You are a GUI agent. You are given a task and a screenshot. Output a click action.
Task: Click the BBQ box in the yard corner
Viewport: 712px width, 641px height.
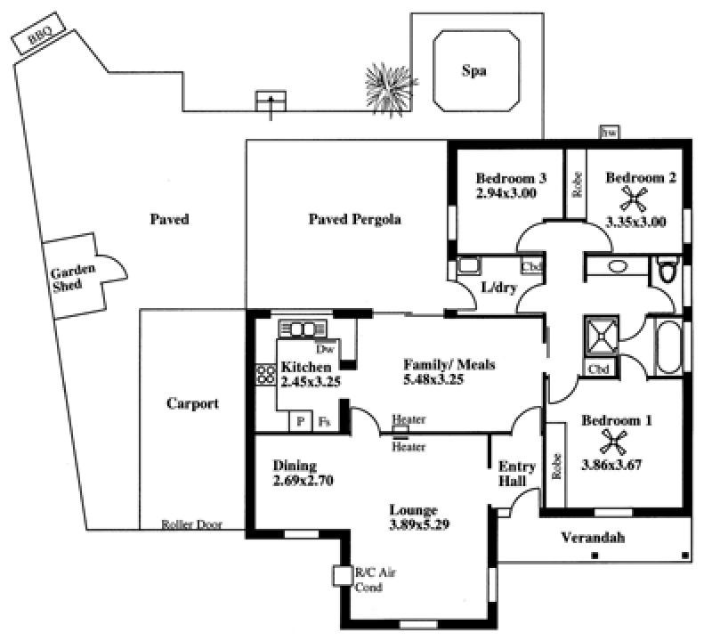(x=37, y=37)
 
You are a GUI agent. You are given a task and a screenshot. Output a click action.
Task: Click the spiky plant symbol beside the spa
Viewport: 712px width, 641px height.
(x=389, y=87)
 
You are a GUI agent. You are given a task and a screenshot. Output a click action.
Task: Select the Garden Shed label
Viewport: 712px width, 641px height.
(x=67, y=279)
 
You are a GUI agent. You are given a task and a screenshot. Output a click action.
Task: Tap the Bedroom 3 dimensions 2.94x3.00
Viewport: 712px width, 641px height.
(x=505, y=192)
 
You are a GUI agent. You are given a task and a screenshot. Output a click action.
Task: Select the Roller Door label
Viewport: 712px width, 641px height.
(x=191, y=524)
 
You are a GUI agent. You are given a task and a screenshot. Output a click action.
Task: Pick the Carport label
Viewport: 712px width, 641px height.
(x=192, y=403)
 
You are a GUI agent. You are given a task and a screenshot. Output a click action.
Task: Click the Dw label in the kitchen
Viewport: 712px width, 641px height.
(x=324, y=349)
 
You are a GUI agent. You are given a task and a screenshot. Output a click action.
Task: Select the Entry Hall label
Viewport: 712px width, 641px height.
(x=515, y=474)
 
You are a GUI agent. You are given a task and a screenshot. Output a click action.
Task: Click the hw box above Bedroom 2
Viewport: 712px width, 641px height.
(x=610, y=133)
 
